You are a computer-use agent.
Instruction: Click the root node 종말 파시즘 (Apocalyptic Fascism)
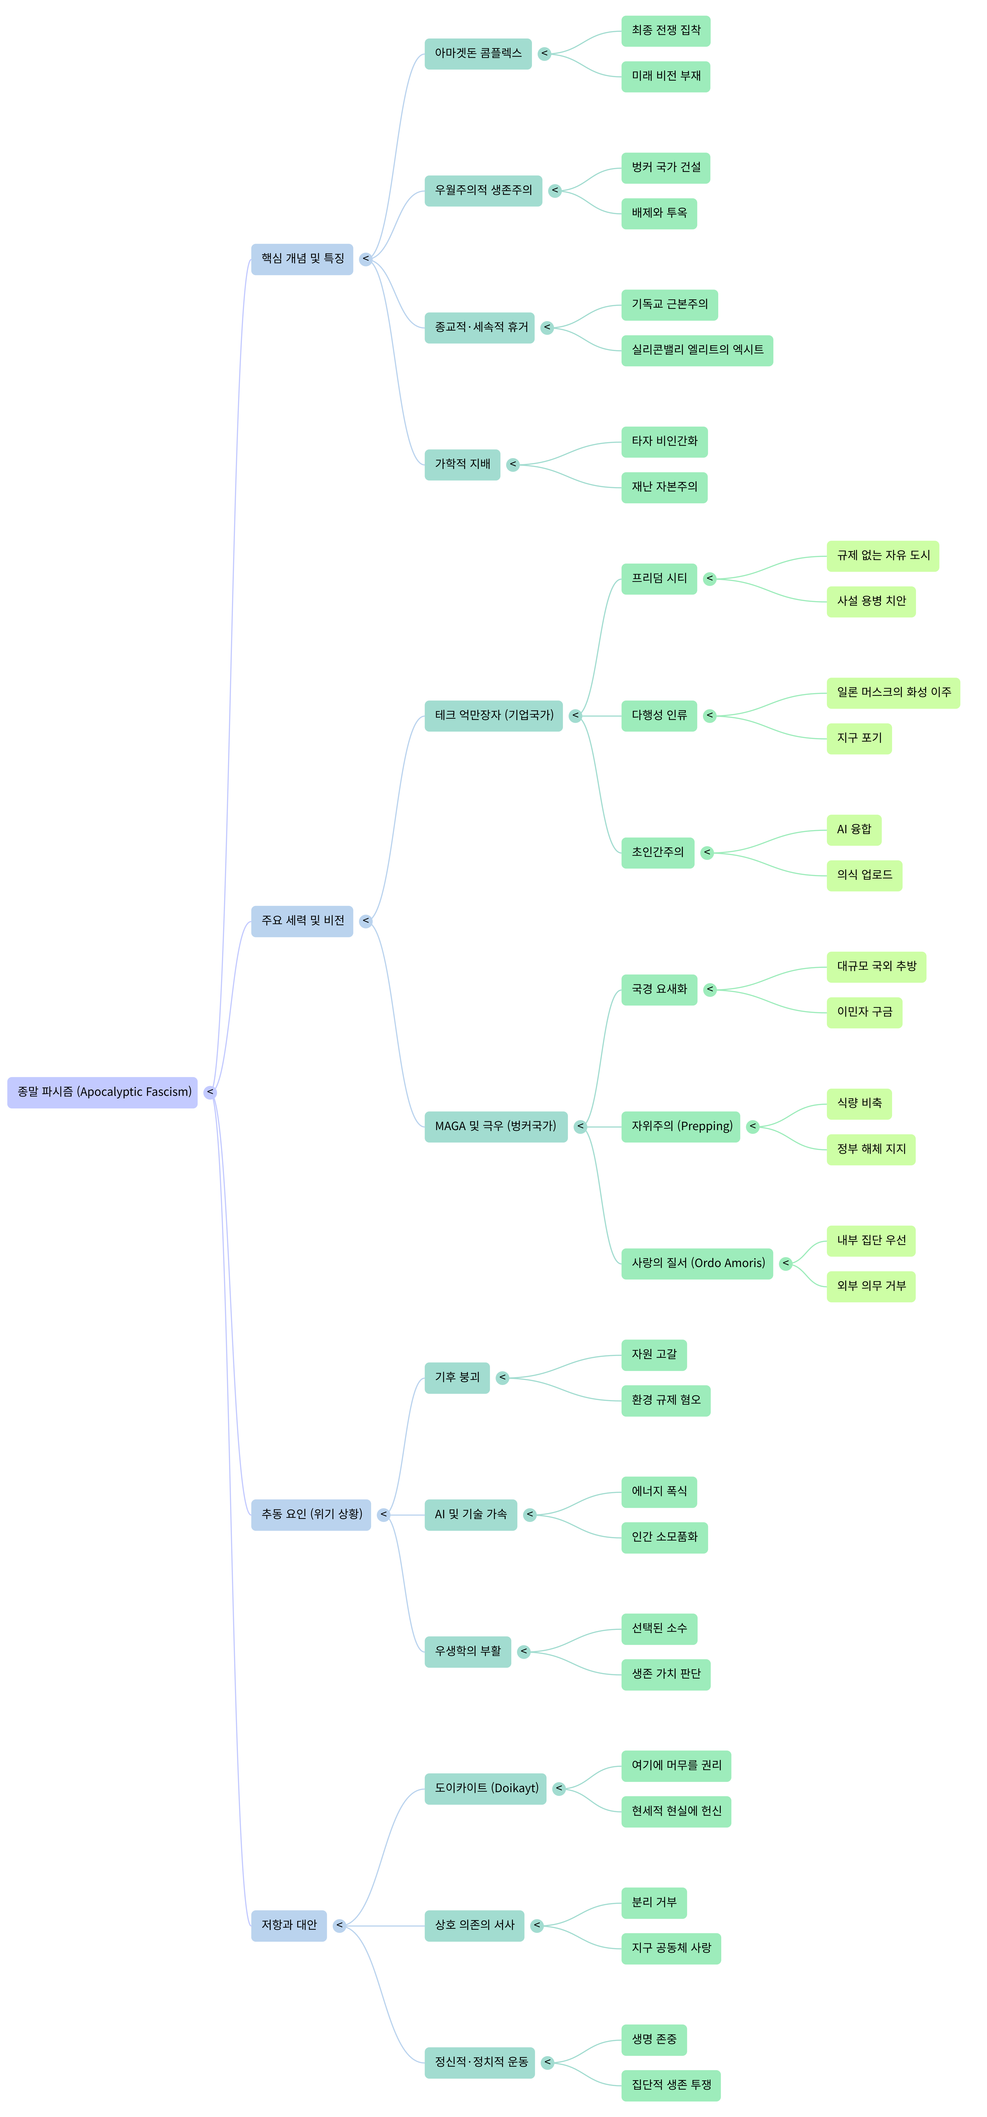(x=103, y=1092)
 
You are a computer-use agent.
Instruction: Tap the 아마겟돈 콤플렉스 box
(x=478, y=54)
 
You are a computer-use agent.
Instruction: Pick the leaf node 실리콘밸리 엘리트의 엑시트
(x=697, y=350)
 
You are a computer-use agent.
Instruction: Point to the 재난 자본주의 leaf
(x=664, y=487)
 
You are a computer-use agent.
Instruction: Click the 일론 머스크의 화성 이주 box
(x=893, y=693)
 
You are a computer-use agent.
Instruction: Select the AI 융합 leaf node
(x=854, y=830)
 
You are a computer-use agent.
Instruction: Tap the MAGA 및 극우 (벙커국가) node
(x=496, y=1127)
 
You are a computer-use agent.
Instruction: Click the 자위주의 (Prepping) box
(x=681, y=1127)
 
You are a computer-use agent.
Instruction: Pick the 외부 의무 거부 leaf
(x=871, y=1286)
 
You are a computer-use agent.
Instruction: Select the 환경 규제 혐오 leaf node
(x=666, y=1400)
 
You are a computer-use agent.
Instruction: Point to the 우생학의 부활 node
(x=468, y=1652)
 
